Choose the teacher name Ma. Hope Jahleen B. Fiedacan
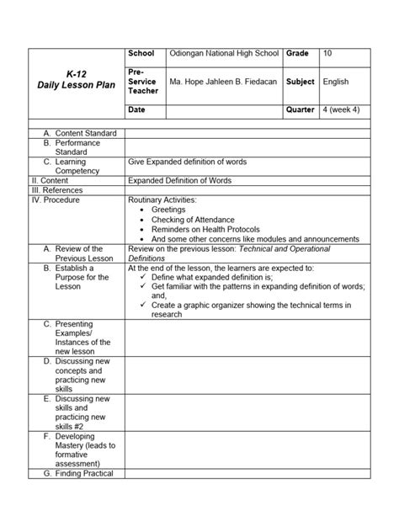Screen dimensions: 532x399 coord(224,82)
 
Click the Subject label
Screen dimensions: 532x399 coord(300,82)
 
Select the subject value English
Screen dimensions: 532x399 coord(337,82)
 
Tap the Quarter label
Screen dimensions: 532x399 coord(301,109)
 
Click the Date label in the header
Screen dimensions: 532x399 coord(137,110)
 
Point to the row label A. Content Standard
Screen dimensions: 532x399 coord(80,133)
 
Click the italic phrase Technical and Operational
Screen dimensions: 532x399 coord(283,249)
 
